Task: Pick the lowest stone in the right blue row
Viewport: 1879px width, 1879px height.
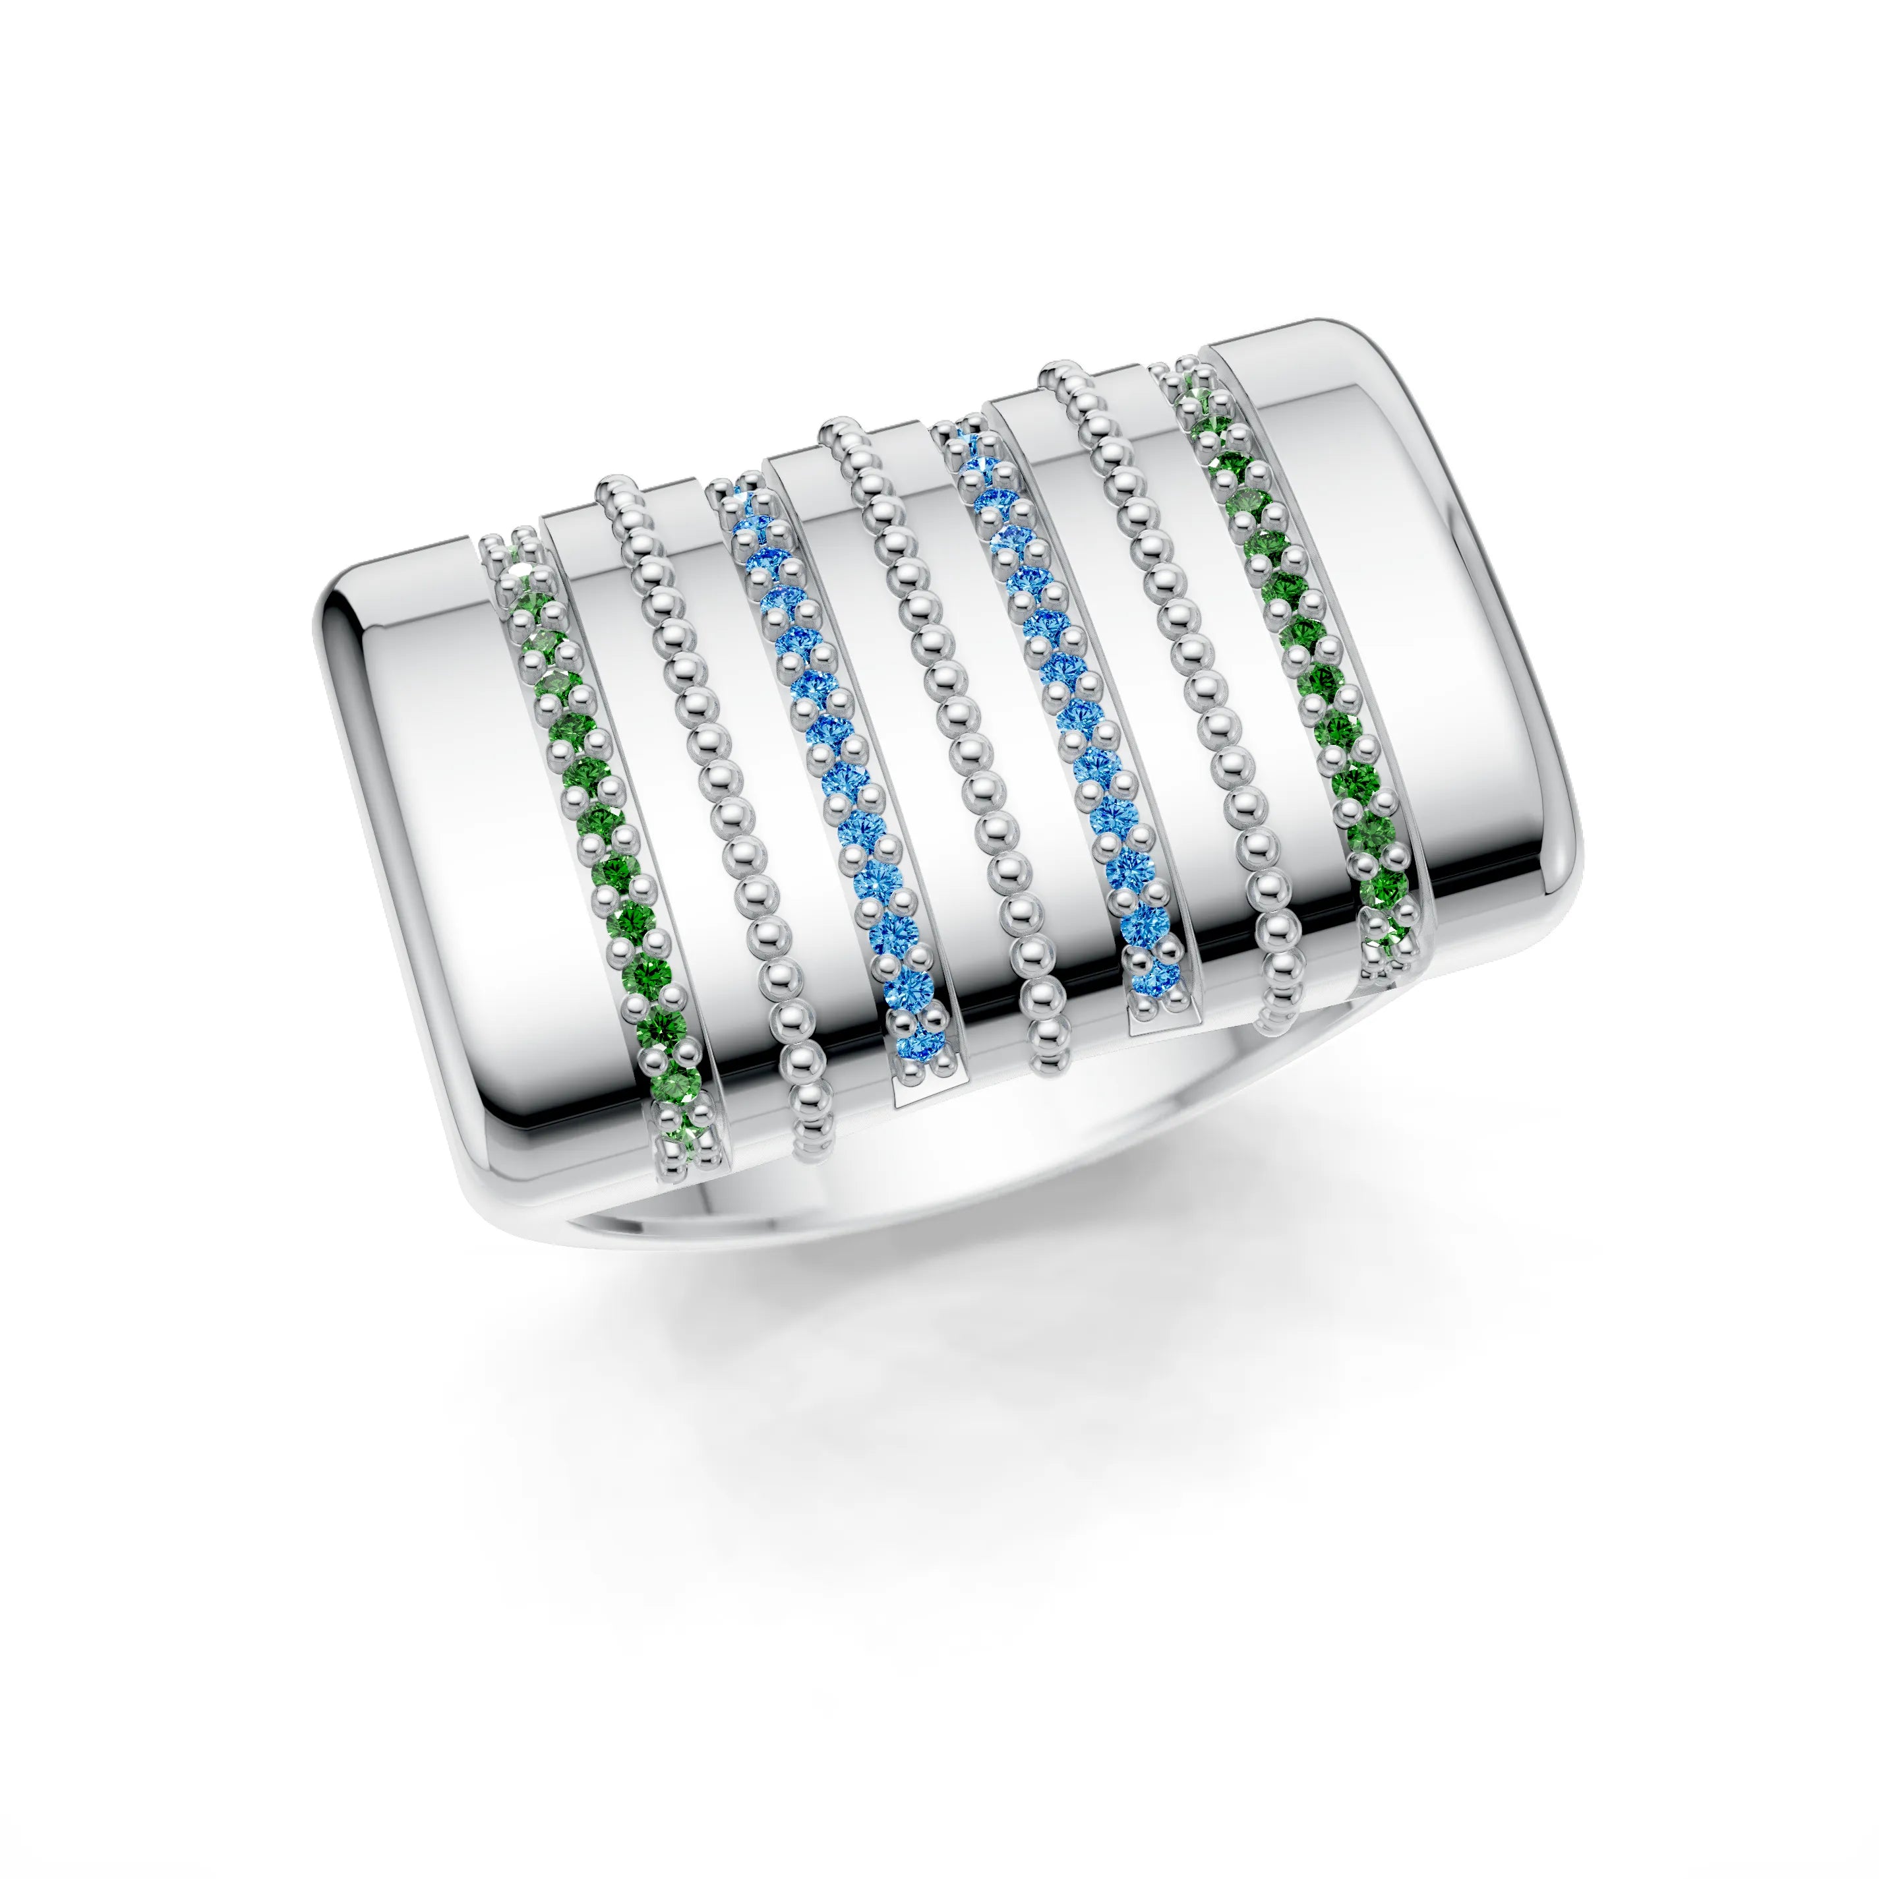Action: point(1157,972)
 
